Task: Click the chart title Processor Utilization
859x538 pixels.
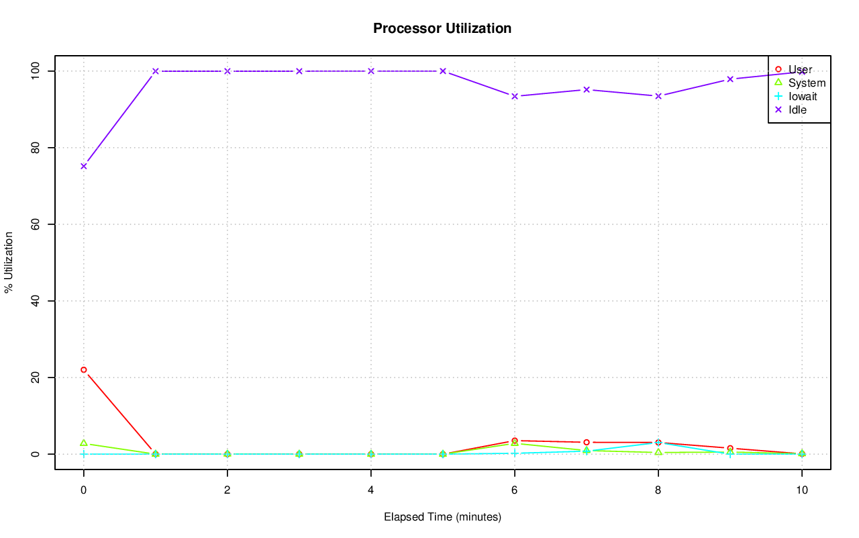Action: click(442, 28)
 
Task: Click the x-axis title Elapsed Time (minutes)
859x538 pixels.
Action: click(442, 517)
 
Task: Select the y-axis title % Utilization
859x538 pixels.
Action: click(9, 262)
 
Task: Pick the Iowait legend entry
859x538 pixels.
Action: click(803, 96)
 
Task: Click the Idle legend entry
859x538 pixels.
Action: click(797, 109)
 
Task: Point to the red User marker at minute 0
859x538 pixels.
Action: click(84, 369)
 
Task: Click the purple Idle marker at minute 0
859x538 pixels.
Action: click(84, 166)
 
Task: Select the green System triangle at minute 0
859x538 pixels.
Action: click(84, 443)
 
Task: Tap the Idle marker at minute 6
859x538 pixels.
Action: click(515, 96)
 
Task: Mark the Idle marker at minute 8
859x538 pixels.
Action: click(658, 96)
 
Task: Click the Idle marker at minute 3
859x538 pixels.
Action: click(299, 71)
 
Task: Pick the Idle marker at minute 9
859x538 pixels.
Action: click(730, 79)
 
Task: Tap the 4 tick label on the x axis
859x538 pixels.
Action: click(371, 490)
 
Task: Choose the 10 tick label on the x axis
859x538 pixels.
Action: click(801, 490)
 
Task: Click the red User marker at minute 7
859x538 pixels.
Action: click(587, 442)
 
